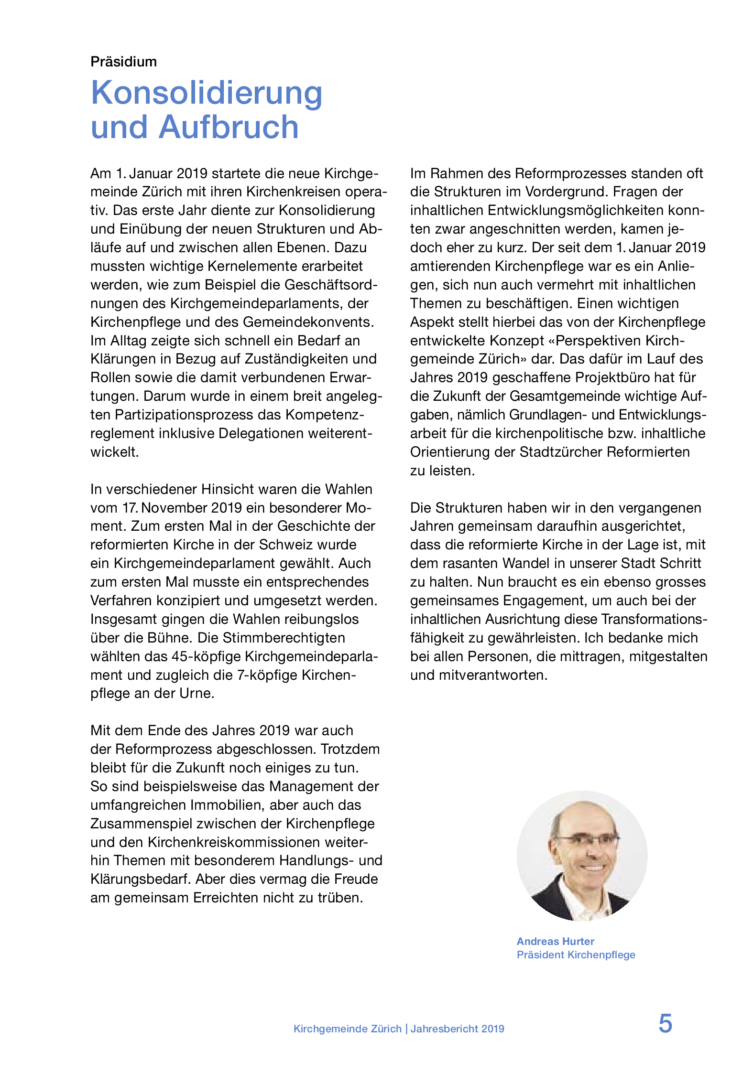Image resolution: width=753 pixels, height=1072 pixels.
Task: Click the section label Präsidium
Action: tap(123, 62)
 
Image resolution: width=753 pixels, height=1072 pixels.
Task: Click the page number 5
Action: tap(665, 1024)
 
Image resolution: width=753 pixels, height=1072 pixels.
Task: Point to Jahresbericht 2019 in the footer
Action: tap(457, 1029)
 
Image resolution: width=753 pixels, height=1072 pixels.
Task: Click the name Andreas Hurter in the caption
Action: tap(555, 941)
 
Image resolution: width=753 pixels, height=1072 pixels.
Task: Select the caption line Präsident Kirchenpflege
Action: tap(576, 954)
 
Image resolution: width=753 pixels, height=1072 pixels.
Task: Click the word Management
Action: tap(324, 786)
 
